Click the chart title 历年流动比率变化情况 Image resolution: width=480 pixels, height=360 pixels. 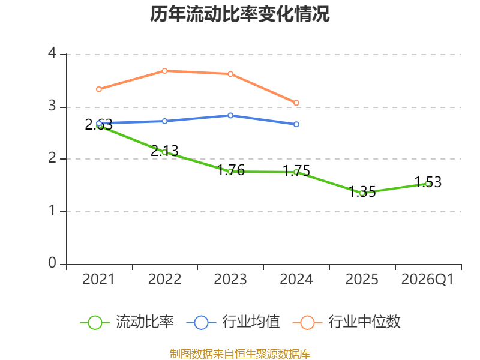tap(239, 14)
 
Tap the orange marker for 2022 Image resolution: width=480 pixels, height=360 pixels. tap(164, 71)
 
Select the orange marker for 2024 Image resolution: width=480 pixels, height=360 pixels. tap(296, 103)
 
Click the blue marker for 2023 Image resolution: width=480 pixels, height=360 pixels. tap(230, 115)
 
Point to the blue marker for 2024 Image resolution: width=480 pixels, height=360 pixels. tap(296, 124)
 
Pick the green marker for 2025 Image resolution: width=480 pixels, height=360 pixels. tap(363, 193)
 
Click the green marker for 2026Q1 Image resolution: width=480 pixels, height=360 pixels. tap(428, 184)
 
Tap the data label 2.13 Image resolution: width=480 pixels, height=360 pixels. tap(164, 151)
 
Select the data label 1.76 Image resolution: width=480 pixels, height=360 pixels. tap(231, 170)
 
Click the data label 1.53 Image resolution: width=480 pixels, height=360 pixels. tap(428, 182)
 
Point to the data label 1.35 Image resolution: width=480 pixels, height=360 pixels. tap(362, 192)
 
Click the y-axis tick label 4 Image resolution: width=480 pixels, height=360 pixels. tap(52, 53)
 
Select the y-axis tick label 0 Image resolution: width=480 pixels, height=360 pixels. tap(52, 263)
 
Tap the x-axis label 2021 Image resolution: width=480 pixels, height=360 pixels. tap(98, 280)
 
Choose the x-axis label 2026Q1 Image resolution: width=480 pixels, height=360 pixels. tap(427, 280)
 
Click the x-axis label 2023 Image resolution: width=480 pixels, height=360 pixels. tap(230, 280)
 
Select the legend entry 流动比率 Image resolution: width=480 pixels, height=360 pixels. tap(127, 322)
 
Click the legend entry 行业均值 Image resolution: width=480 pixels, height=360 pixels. tap(233, 322)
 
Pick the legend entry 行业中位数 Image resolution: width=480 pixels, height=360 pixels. tap(347, 322)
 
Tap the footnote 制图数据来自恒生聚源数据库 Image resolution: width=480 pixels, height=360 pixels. tap(240, 354)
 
